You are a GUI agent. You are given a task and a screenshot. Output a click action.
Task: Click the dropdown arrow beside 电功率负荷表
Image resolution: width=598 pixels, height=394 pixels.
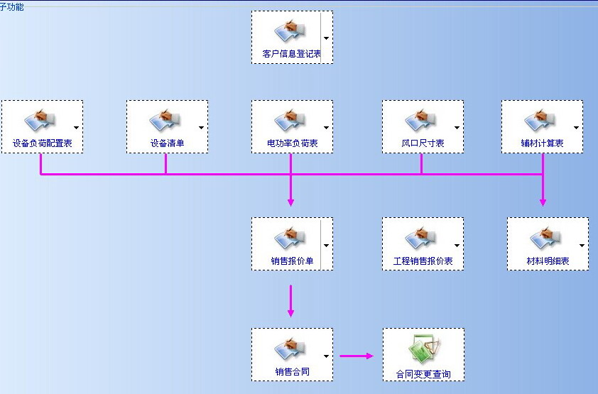pyautogui.click(x=326, y=128)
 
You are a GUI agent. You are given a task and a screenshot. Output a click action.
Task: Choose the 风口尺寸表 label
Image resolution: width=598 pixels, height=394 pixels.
pyautogui.click(x=422, y=143)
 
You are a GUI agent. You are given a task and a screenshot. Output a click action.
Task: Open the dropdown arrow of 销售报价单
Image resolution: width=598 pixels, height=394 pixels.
pyautogui.click(x=326, y=245)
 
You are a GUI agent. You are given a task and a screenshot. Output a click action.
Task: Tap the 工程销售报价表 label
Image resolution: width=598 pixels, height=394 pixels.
pyautogui.click(x=423, y=261)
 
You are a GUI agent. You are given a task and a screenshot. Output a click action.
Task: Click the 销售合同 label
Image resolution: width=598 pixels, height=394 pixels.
pyautogui.click(x=291, y=371)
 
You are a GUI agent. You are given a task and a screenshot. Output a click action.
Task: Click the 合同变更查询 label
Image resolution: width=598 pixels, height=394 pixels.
pyautogui.click(x=423, y=373)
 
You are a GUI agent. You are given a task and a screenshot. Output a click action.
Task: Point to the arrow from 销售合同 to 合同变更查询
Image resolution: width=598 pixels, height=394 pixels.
pyautogui.click(x=357, y=356)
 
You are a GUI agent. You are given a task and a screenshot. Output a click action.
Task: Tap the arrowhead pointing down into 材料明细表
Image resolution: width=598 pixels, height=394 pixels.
pyautogui.click(x=543, y=202)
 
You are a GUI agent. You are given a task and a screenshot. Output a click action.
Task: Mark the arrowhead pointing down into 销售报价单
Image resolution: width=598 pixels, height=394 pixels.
pyautogui.click(x=290, y=202)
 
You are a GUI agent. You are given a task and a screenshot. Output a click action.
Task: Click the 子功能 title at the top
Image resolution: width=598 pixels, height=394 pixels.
pyautogui.click(x=12, y=6)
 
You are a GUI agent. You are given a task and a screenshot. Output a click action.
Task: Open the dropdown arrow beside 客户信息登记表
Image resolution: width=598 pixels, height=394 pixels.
pyautogui.click(x=326, y=38)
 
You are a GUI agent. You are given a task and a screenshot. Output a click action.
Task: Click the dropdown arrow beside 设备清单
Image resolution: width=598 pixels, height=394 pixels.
pyautogui.click(x=201, y=128)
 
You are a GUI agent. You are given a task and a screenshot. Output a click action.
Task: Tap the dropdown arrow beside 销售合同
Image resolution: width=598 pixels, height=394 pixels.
pyautogui.click(x=326, y=356)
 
